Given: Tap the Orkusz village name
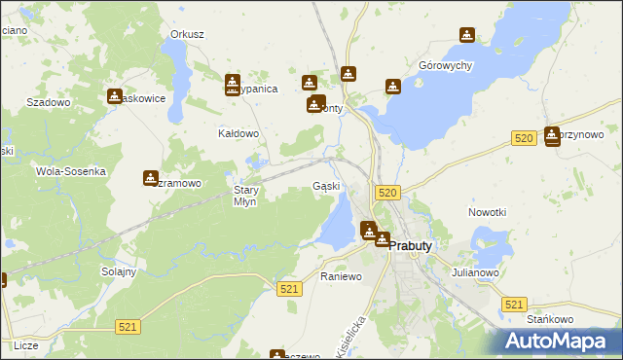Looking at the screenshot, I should [187, 34].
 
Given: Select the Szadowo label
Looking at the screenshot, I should [49, 102].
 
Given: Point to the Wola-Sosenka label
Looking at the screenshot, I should [70, 171].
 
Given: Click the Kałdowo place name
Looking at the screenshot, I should [238, 133].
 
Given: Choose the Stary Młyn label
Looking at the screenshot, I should [245, 196].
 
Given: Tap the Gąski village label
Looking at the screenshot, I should [326, 186].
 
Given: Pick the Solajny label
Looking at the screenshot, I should [119, 271].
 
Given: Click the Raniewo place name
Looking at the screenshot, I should [341, 276].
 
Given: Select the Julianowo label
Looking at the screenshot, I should [475, 272].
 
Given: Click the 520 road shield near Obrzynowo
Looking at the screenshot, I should [524, 139].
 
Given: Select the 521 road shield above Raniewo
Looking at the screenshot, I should [288, 289].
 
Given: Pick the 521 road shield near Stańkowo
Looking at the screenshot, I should [515, 305].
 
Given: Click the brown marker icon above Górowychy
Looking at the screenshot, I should [467, 36].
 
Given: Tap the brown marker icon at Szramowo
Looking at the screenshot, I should [151, 178].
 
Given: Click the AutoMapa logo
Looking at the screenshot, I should [557, 341].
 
